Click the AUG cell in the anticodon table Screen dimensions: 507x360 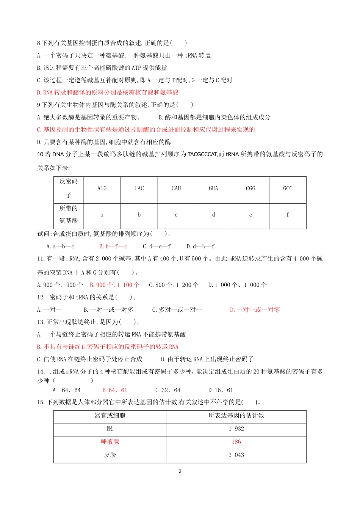click(102, 188)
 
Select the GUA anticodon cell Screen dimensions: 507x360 click(213, 188)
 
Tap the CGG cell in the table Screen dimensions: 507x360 click(250, 188)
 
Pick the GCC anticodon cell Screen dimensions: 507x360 click(288, 188)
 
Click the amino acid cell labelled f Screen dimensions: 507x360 click(288, 215)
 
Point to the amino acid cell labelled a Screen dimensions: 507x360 click(102, 215)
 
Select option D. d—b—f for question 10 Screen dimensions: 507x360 click(200, 246)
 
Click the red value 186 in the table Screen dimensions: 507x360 click(236, 442)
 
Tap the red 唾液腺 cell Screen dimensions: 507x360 click(110, 442)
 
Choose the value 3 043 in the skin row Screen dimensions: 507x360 click(236, 455)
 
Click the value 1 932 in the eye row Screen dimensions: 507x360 click(236, 429)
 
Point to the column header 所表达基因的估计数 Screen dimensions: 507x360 click(236, 416)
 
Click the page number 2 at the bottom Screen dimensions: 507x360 click(180, 471)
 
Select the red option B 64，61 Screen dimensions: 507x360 click(115, 390)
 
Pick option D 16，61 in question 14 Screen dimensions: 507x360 click(221, 390)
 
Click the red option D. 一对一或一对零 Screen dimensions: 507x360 click(255, 310)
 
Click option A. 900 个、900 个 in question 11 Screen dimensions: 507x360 click(60, 285)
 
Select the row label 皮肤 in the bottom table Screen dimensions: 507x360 click(110, 455)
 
